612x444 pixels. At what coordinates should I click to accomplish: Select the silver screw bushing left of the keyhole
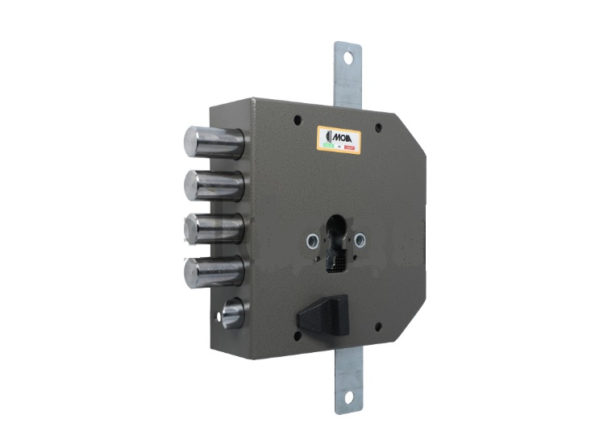tap(310, 239)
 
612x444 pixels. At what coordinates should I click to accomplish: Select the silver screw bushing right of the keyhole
tap(360, 239)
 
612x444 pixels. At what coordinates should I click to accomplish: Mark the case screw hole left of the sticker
tap(298, 120)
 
